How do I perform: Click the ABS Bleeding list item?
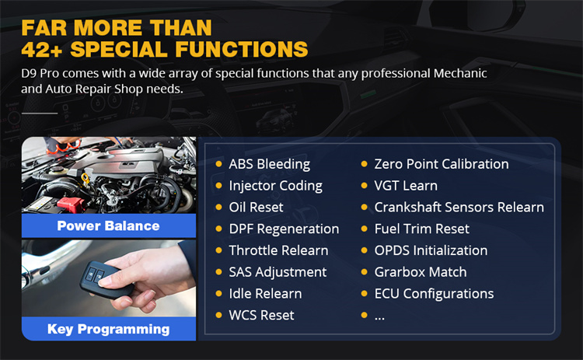point(269,164)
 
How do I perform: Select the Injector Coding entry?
point(275,186)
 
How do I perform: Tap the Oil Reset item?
point(256,208)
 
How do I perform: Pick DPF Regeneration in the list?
point(284,229)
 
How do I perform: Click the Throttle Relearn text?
point(278,250)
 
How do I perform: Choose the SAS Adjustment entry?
point(278,272)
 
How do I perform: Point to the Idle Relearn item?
point(265,294)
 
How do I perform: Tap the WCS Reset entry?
point(260,316)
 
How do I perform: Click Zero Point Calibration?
point(441,164)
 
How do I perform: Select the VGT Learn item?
point(405,186)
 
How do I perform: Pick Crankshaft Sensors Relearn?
point(459,208)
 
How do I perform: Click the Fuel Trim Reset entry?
point(421,229)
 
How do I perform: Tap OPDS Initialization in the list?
point(431,250)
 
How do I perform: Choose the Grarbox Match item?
point(420,272)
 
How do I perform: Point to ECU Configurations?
point(434,294)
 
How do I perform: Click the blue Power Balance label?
point(108,226)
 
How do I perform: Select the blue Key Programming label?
point(108,329)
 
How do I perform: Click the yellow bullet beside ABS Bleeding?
point(219,165)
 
